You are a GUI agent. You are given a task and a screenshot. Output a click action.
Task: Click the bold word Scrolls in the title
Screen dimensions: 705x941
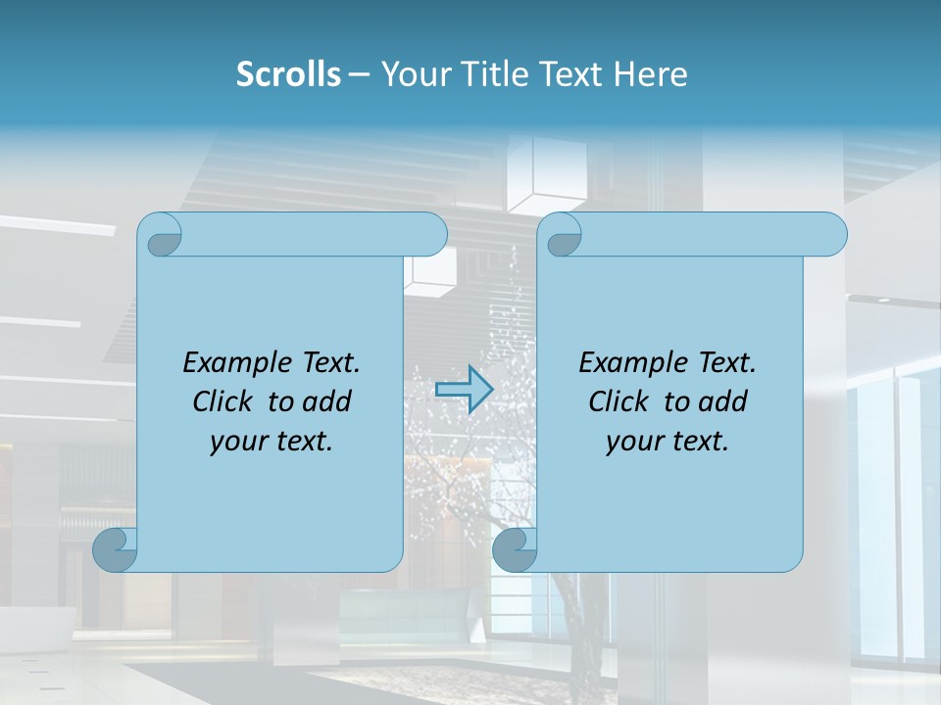(288, 74)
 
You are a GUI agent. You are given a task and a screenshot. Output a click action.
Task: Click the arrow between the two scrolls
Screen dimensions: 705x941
(464, 390)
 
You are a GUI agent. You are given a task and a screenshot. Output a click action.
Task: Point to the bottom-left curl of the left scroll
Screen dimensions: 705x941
(115, 549)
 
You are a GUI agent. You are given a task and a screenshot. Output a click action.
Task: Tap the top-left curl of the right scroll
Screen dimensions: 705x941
(562, 236)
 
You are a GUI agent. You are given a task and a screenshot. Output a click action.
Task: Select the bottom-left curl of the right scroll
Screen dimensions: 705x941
(515, 549)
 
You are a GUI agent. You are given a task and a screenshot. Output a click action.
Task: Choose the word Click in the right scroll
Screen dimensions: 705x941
(619, 401)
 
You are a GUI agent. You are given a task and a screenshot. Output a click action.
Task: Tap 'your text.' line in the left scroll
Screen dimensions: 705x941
(272, 441)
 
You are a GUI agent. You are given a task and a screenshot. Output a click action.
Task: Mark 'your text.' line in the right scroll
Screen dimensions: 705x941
(668, 441)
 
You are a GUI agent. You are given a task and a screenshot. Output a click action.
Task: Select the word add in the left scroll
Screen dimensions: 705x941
(328, 401)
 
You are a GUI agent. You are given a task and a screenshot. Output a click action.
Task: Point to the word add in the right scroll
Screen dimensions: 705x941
(724, 401)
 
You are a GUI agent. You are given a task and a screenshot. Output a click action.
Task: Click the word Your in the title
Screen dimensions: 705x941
(416, 74)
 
